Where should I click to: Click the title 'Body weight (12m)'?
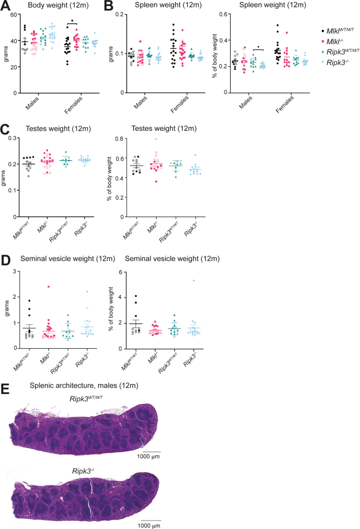pos(48,6)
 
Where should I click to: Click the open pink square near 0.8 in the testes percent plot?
pos(156,139)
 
